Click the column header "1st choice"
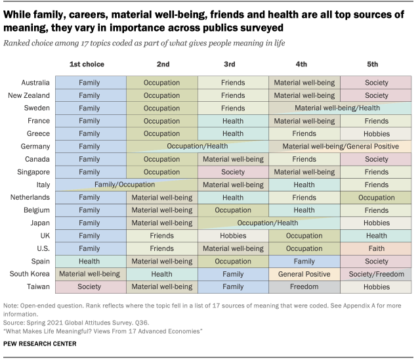87,64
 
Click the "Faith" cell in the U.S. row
376,248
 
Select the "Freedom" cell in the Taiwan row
304,286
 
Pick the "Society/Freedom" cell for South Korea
376,274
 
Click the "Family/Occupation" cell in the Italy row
125,185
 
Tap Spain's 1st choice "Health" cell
89,261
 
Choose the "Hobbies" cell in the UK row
232,236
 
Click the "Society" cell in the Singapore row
232,172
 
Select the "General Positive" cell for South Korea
304,274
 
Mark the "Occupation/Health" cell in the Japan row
268,223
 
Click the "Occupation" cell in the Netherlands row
376,197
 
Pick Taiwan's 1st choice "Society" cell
89,286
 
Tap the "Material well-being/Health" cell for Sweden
337,108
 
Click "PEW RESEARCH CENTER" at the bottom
39,344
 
